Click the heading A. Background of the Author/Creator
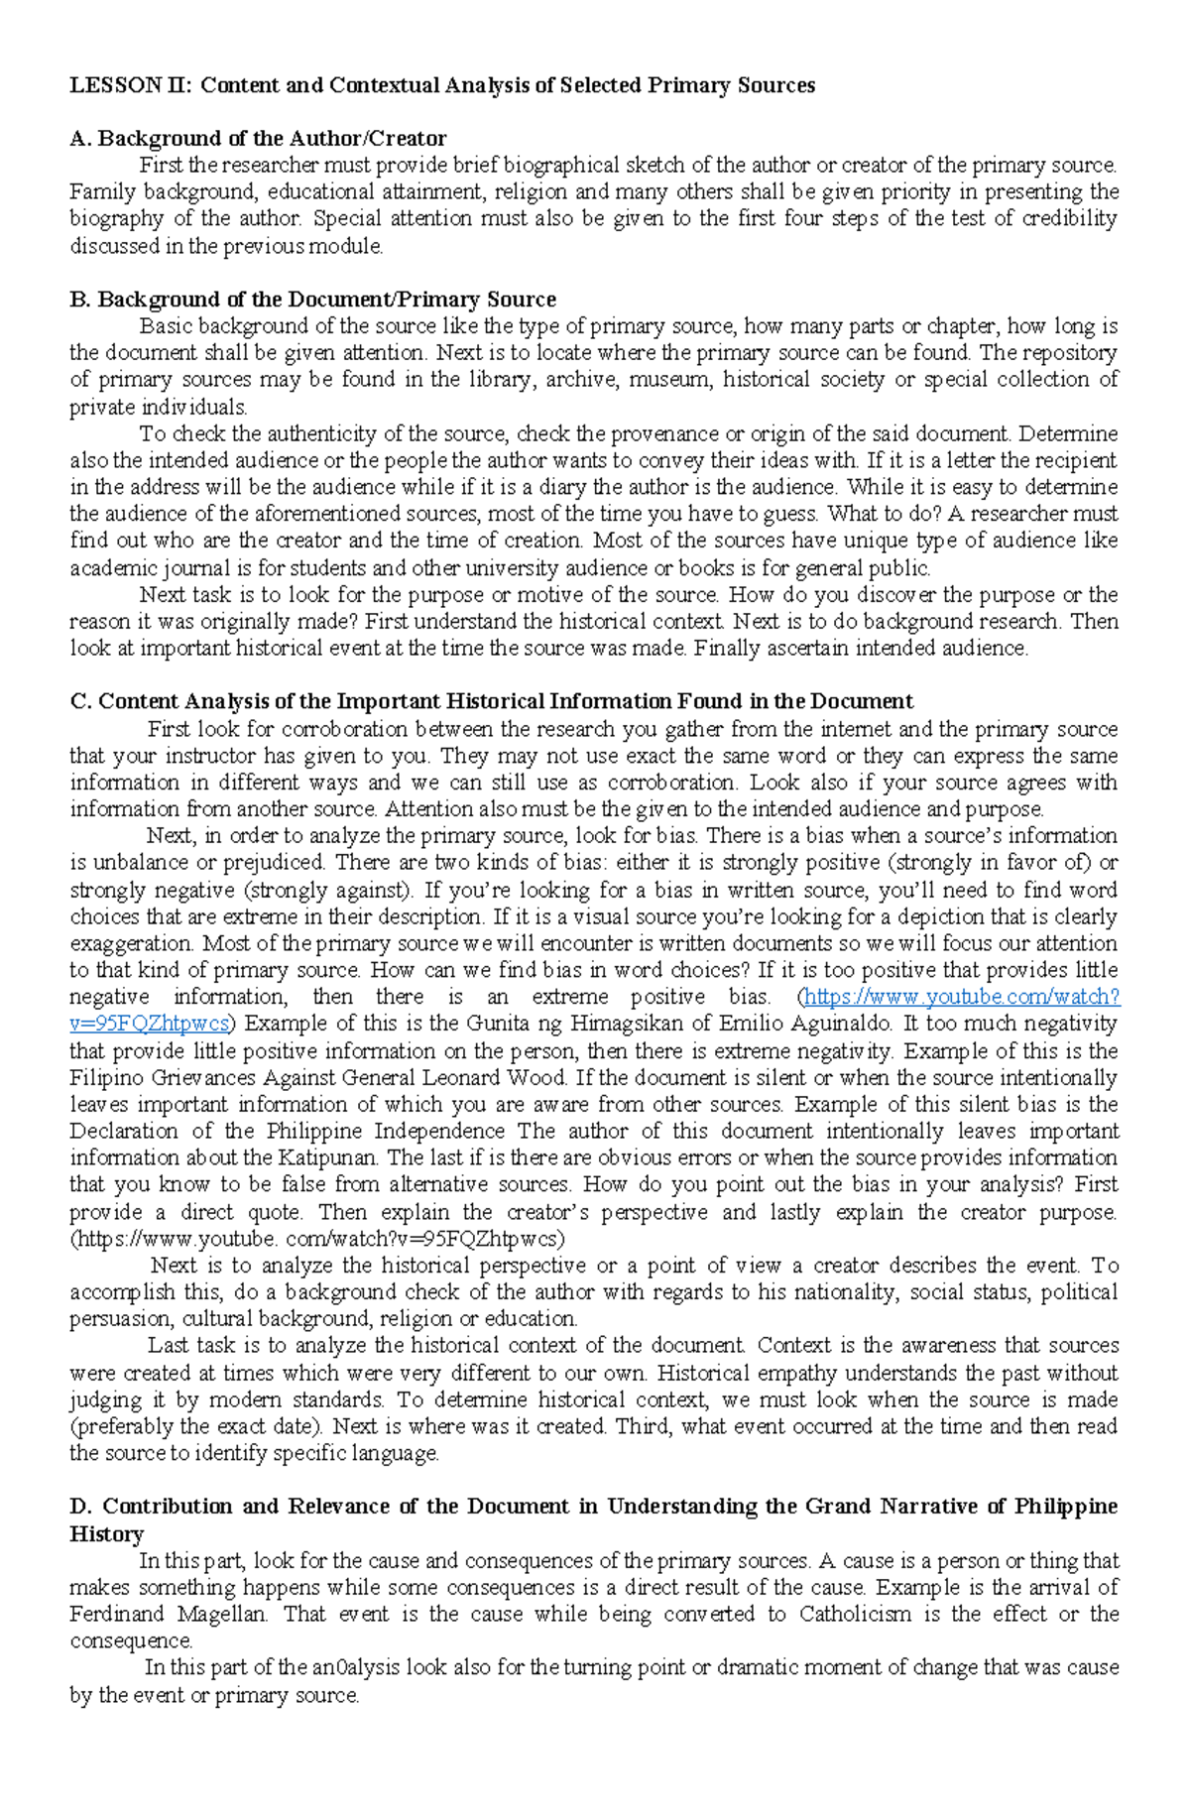coord(258,139)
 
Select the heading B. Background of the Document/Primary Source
coord(312,300)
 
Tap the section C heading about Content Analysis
coord(491,702)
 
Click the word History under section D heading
coord(106,1534)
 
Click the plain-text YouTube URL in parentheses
coord(316,1239)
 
